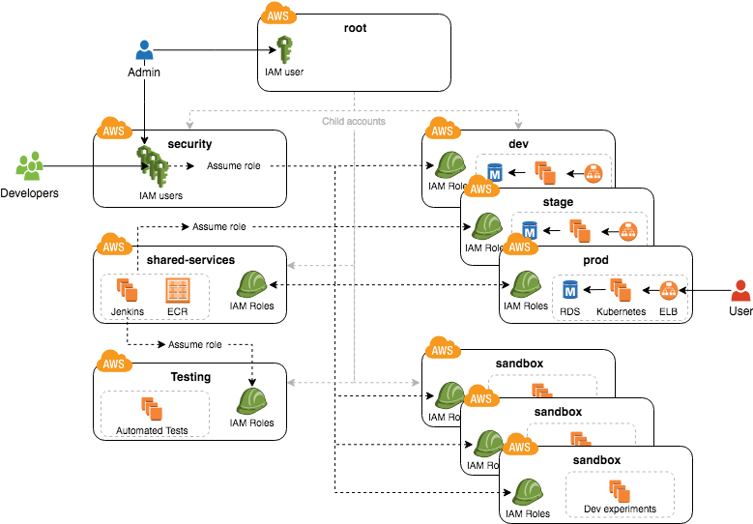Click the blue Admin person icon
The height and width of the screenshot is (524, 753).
(144, 50)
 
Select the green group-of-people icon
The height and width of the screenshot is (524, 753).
(29, 165)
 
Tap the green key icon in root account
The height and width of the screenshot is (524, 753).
(284, 49)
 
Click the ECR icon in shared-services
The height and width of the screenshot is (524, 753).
(177, 290)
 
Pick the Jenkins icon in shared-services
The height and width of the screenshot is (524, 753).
(128, 290)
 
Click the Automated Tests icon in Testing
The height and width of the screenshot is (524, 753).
(152, 408)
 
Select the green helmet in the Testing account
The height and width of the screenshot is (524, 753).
(251, 400)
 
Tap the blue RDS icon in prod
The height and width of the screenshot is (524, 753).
(569, 289)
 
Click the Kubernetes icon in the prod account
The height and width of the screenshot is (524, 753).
(620, 289)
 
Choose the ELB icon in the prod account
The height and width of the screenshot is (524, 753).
(668, 289)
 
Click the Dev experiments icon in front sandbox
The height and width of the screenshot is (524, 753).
(620, 489)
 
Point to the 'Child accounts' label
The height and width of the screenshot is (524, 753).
(354, 122)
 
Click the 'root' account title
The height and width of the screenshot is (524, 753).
(355, 28)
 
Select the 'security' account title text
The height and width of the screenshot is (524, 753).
(189, 144)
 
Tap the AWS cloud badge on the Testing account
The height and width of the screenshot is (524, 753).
(113, 364)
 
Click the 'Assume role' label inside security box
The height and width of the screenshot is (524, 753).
(233, 166)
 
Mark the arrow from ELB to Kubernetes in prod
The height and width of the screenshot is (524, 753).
(645, 289)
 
